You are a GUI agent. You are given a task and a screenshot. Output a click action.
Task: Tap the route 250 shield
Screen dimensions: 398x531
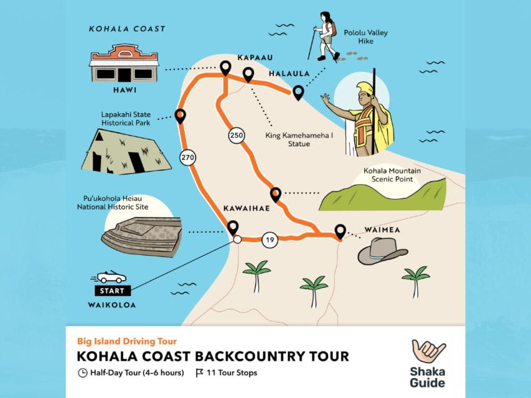(x=235, y=136)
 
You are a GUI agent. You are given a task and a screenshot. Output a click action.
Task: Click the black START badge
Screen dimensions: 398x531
(x=113, y=290)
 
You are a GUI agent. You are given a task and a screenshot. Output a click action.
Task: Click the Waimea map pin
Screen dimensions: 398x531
(x=340, y=231)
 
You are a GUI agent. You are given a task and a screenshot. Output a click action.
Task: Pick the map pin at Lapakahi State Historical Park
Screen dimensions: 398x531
(x=180, y=115)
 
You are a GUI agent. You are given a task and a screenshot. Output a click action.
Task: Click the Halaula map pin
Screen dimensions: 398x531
(x=298, y=92)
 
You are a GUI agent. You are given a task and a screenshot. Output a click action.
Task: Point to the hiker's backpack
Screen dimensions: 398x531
(x=333, y=29)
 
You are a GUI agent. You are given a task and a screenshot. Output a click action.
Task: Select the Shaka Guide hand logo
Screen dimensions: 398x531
(x=428, y=352)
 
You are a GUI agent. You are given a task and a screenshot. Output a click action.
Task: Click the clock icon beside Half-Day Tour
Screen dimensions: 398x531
(x=83, y=373)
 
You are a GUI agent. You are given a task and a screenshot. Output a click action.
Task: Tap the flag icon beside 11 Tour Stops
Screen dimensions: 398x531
(x=199, y=373)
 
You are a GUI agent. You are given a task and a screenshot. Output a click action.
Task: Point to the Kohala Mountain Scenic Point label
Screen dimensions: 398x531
(x=393, y=175)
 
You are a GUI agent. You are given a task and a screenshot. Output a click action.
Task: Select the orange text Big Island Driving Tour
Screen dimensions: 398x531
(x=127, y=341)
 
